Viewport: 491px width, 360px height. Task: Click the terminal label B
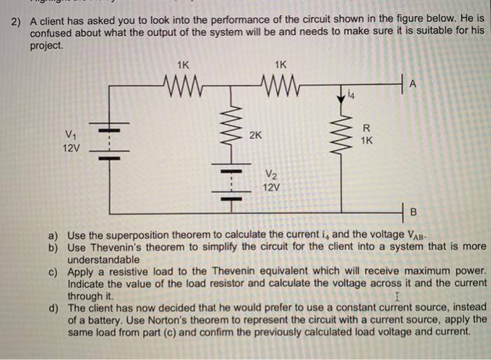[x=413, y=211]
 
